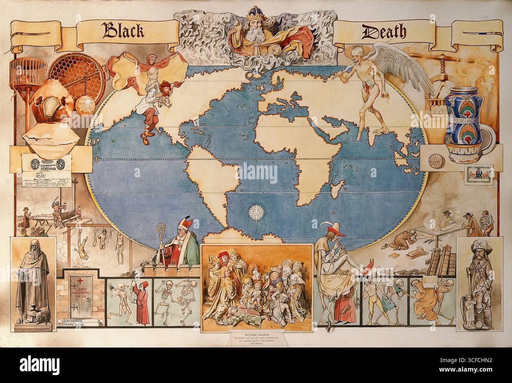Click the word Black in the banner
click(123, 30)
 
